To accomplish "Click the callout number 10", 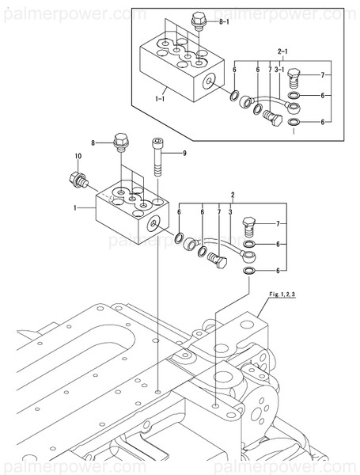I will click(78, 157).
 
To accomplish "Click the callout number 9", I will click(184, 153).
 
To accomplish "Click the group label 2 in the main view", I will click(232, 194).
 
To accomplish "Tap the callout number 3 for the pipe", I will click(229, 213).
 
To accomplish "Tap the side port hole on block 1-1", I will click(210, 82).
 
